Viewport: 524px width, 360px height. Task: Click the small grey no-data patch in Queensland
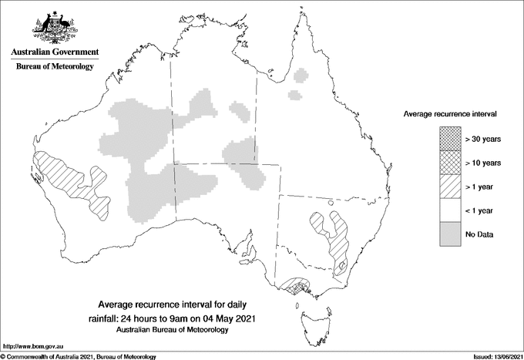(x=294, y=96)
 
